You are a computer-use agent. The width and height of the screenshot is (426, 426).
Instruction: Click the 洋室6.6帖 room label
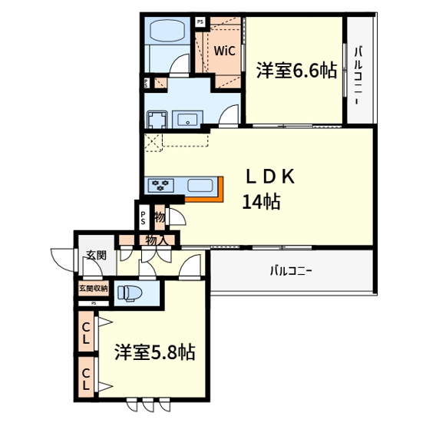(x=296, y=71)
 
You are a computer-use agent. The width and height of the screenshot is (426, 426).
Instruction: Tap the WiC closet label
(x=224, y=52)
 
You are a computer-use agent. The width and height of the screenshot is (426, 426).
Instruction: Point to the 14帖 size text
(x=260, y=202)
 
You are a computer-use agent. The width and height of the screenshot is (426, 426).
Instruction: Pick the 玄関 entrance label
(x=95, y=256)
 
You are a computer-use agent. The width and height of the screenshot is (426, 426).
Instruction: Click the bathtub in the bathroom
(x=168, y=33)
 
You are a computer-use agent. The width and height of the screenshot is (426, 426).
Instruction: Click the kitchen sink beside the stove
(x=198, y=185)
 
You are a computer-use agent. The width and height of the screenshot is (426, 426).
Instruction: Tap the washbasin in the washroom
(x=188, y=119)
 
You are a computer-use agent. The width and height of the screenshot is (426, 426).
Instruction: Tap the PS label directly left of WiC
(x=200, y=22)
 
